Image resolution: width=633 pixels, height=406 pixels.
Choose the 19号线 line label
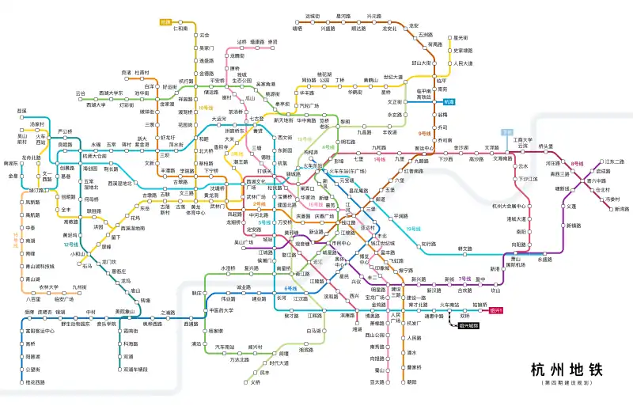click(413, 229)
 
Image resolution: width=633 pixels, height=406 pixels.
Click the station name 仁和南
click(181, 28)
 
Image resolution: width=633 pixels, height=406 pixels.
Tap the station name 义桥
click(256, 382)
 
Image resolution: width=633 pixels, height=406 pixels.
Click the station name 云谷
click(80, 93)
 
